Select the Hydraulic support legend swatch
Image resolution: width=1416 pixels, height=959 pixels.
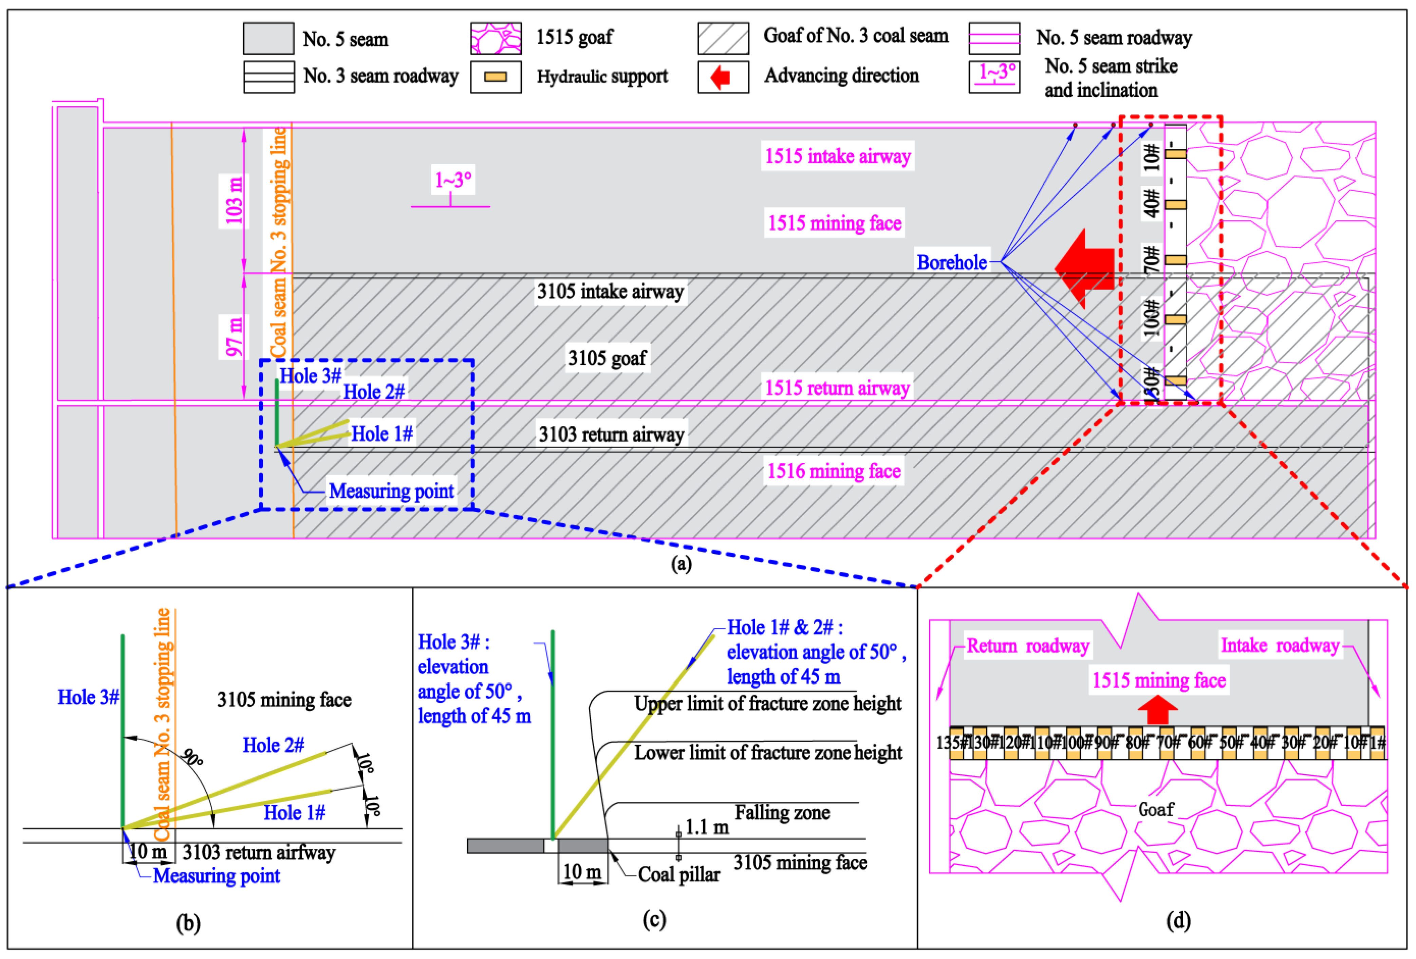tap(495, 77)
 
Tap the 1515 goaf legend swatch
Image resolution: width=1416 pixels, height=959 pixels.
tap(495, 38)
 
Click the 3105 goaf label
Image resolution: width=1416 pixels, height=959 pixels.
tap(607, 358)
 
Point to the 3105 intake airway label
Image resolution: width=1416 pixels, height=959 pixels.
tap(610, 291)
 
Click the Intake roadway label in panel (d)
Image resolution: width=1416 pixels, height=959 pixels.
tap(1280, 645)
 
